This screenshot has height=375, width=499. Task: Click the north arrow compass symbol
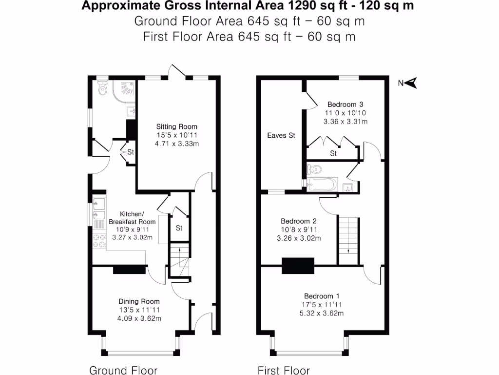click(412, 83)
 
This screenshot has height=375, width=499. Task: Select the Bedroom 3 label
click(345, 104)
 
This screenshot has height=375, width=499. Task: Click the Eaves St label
click(281, 135)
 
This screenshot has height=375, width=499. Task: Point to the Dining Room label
click(139, 301)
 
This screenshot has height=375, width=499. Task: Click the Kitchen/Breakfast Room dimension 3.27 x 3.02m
click(132, 238)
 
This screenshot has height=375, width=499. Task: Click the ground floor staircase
click(179, 261)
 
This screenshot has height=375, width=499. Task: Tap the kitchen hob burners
click(99, 240)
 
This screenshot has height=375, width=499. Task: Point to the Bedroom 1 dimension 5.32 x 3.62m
click(322, 313)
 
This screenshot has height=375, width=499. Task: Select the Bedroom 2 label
click(299, 221)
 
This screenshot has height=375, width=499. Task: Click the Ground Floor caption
click(123, 370)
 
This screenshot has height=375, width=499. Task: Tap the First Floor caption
click(284, 370)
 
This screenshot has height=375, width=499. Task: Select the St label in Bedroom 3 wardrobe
click(333, 153)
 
